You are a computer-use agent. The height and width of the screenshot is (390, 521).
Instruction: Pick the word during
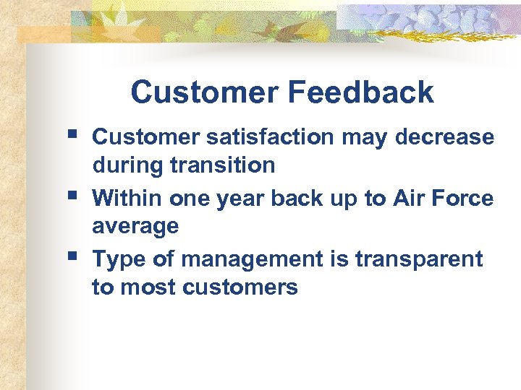click(x=127, y=165)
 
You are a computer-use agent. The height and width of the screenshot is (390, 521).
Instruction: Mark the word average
click(x=135, y=227)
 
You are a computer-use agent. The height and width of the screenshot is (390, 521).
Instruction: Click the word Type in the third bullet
click(x=118, y=259)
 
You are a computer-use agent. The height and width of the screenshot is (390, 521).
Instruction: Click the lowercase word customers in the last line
click(x=240, y=287)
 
